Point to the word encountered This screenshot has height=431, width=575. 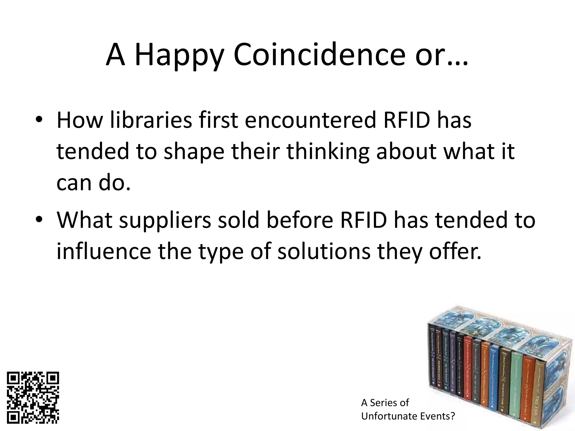[x=310, y=120]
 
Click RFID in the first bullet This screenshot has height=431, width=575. [x=407, y=120]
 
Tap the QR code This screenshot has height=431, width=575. [x=33, y=398]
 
